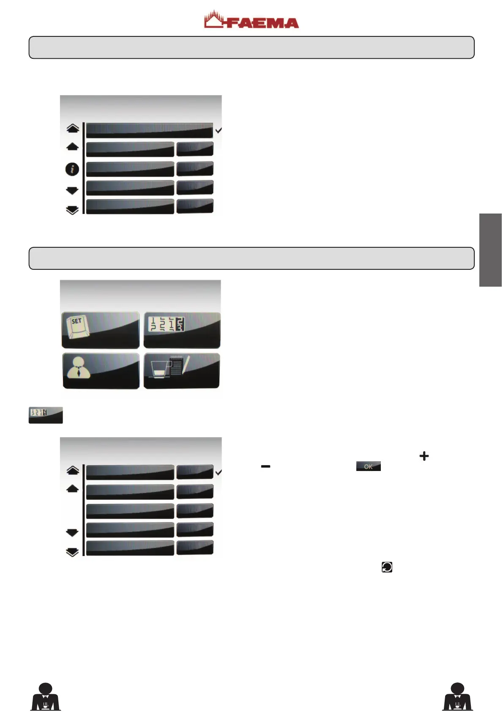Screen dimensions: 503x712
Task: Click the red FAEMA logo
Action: click(x=251, y=20)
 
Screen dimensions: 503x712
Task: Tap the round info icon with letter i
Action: click(x=72, y=169)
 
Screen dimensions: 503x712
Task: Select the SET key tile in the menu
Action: click(x=101, y=330)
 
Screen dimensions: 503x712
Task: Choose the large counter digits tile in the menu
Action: click(x=182, y=330)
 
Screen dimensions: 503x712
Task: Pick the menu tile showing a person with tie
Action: click(x=101, y=371)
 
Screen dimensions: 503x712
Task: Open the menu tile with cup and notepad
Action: click(x=182, y=371)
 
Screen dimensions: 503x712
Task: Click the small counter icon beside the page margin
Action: click(x=46, y=415)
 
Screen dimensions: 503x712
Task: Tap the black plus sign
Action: click(x=424, y=456)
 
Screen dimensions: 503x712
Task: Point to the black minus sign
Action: click(x=265, y=466)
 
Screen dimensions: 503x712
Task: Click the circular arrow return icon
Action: click(x=387, y=567)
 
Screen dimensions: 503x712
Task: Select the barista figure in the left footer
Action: click(x=46, y=697)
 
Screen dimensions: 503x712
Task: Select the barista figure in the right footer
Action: click(x=457, y=697)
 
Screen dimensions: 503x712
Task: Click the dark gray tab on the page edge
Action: click(x=490, y=250)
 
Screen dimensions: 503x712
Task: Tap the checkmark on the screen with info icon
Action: click(x=219, y=131)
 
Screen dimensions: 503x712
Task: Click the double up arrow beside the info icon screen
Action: click(x=73, y=128)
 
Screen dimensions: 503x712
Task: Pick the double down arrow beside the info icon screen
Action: click(x=73, y=210)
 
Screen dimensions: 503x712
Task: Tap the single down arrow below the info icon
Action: click(x=73, y=191)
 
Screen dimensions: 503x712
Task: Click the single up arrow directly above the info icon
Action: click(x=73, y=147)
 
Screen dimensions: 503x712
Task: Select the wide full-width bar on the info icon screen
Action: click(x=149, y=130)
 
